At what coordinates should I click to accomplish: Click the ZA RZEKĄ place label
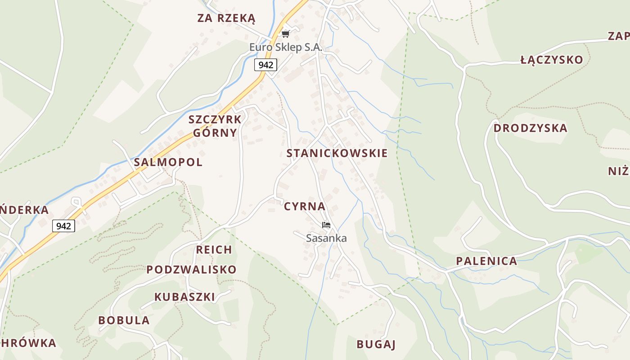click(x=226, y=18)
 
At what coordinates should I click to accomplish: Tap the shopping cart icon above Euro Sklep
click(x=285, y=34)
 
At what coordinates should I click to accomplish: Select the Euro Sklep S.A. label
click(x=286, y=47)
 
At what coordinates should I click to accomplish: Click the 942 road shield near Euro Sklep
click(x=265, y=65)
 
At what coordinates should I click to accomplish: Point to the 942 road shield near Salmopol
click(x=63, y=225)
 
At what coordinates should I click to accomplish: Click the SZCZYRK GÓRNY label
click(x=215, y=126)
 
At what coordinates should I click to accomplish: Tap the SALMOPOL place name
click(x=168, y=162)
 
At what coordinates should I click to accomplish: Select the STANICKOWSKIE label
click(x=337, y=153)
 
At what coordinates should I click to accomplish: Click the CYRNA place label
click(x=305, y=207)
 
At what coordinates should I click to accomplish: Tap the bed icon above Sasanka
click(x=326, y=225)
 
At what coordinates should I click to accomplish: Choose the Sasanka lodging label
click(x=326, y=238)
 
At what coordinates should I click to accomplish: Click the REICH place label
click(x=214, y=250)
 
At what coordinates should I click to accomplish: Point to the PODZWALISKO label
click(x=191, y=270)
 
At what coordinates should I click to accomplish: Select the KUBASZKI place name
click(x=184, y=297)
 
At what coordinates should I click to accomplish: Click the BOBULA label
click(x=124, y=320)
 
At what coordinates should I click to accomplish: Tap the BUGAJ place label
click(x=376, y=344)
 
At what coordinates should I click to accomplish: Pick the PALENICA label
click(x=486, y=261)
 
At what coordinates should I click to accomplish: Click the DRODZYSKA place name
click(x=530, y=128)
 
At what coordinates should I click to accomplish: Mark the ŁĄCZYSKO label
click(x=551, y=60)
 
